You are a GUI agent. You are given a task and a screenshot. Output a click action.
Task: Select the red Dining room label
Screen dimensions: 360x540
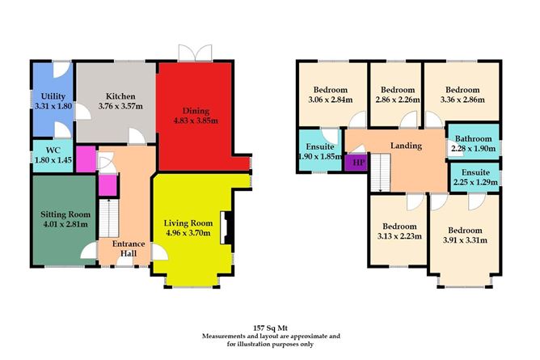(197, 111)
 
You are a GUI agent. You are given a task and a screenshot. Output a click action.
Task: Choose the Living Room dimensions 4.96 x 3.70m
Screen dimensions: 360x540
(188, 235)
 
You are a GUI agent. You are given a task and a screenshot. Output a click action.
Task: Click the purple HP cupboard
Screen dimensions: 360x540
(355, 163)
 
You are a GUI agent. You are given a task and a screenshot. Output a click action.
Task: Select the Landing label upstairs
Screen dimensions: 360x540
(405, 145)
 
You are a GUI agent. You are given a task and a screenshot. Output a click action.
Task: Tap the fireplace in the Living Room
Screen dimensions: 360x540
(228, 229)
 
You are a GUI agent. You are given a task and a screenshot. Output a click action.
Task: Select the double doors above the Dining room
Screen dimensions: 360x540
(196, 53)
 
